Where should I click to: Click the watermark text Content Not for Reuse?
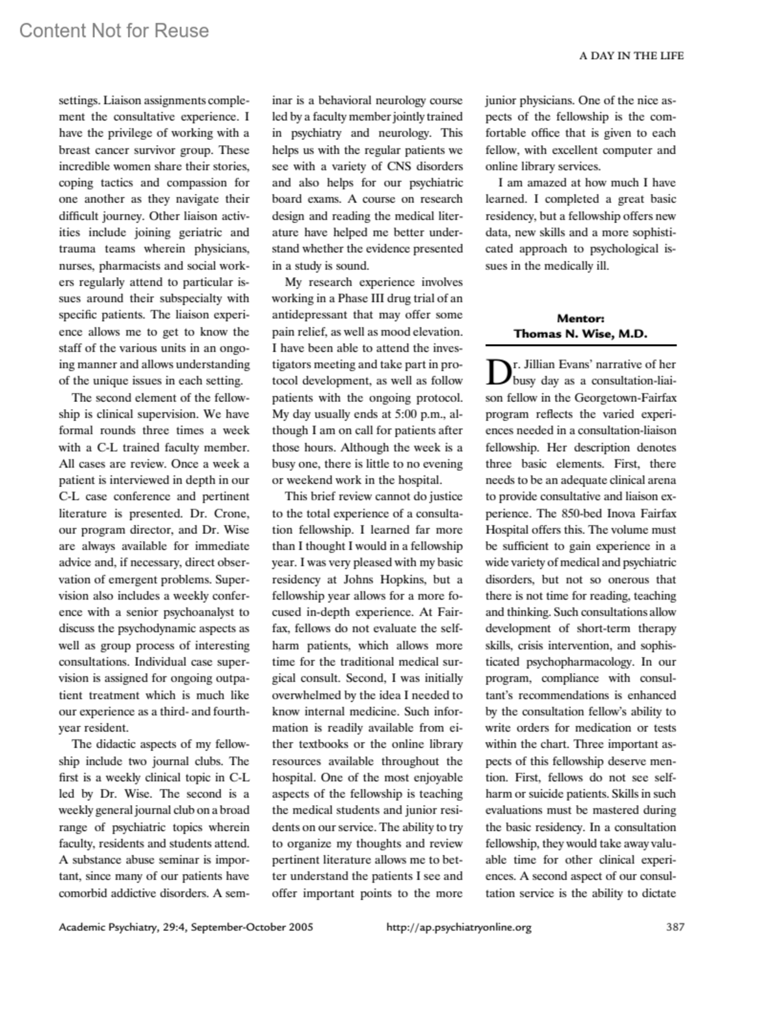coord(114,31)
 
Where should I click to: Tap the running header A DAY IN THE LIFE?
coord(631,56)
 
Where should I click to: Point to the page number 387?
coord(675,927)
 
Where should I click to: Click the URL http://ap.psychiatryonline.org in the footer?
coord(459,927)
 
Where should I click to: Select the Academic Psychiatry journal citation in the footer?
coord(186,927)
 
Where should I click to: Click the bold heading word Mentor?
coord(580,318)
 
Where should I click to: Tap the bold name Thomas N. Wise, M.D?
coord(580,334)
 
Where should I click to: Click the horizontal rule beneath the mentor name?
coord(580,345)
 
